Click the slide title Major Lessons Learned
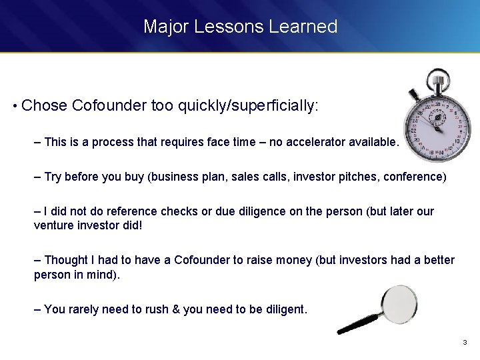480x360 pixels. tap(240, 27)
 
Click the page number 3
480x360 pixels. tap(465, 343)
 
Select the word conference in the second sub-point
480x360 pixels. tap(419, 177)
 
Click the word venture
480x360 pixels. tap(52, 225)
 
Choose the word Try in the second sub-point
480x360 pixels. tap(53, 177)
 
